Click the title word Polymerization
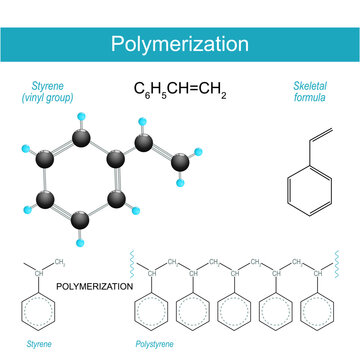click(180, 44)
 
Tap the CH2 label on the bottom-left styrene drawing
click(61, 264)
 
